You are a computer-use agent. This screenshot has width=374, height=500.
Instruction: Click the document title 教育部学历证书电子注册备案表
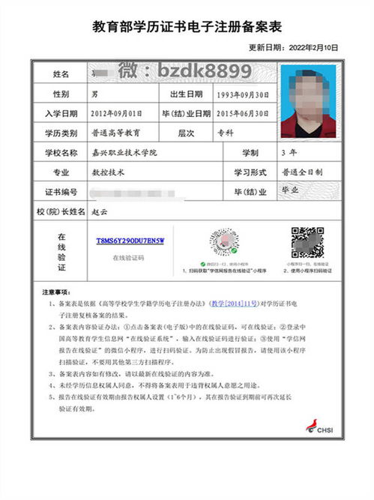(187, 28)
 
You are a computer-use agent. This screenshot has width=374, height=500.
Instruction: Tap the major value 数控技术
(106, 172)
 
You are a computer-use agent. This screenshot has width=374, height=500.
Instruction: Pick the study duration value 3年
(286, 152)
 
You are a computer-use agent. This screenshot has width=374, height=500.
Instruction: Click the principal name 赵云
(98, 211)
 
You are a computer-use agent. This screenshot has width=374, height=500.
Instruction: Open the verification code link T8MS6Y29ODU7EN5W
(129, 241)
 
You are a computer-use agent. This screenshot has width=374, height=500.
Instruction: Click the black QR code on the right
(307, 241)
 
